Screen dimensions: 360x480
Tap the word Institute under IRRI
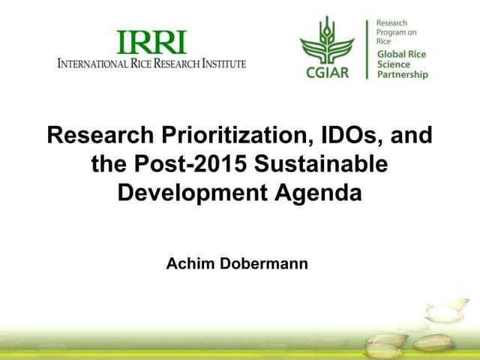pyautogui.click(x=222, y=64)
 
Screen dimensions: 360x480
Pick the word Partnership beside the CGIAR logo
pyautogui.click(x=402, y=75)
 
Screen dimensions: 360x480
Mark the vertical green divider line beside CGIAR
pyautogui.click(x=367, y=49)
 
